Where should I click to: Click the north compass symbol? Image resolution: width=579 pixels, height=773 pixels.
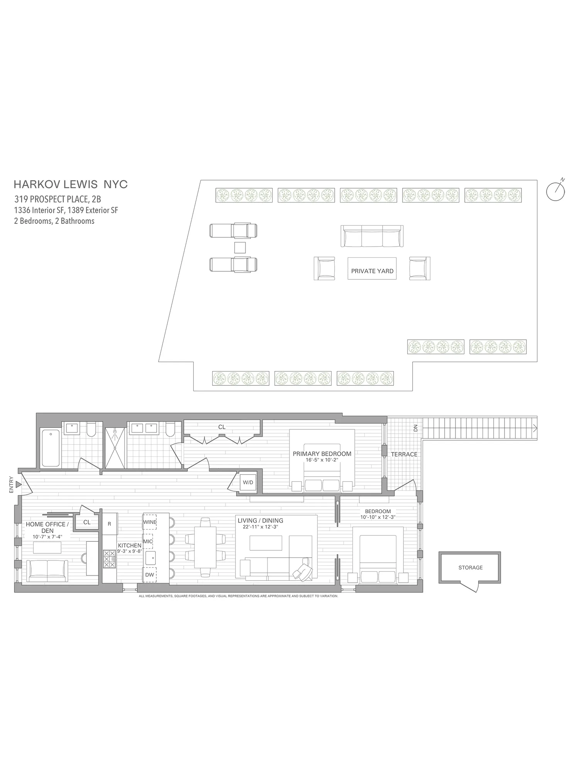(556, 191)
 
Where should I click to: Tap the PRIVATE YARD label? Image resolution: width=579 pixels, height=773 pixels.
(372, 271)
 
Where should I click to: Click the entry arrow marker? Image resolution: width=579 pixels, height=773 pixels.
(18, 484)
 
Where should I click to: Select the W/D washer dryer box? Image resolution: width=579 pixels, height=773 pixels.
(248, 482)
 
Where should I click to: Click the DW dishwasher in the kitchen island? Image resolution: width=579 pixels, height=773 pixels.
(149, 575)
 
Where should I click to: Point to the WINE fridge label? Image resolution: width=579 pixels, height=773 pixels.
(150, 522)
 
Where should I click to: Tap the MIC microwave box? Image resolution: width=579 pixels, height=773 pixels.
(148, 541)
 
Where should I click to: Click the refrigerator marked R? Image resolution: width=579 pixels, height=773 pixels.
(109, 524)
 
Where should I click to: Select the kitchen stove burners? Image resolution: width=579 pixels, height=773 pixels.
(109, 559)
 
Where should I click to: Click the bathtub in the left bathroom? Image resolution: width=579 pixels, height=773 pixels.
(51, 448)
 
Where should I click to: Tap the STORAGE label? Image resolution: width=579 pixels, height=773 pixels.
(470, 567)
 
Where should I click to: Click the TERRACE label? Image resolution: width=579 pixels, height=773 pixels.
(404, 454)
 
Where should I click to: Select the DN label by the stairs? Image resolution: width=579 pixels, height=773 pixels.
(415, 428)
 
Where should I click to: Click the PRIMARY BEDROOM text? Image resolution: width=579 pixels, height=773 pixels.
(322, 454)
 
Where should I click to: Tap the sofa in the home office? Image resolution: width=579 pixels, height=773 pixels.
(47, 571)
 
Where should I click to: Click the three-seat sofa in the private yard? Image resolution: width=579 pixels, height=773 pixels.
(372, 236)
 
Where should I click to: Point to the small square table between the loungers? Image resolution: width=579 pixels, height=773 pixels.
(240, 247)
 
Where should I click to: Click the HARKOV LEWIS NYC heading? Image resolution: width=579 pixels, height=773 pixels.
(71, 184)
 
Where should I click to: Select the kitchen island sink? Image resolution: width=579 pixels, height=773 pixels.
(150, 558)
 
